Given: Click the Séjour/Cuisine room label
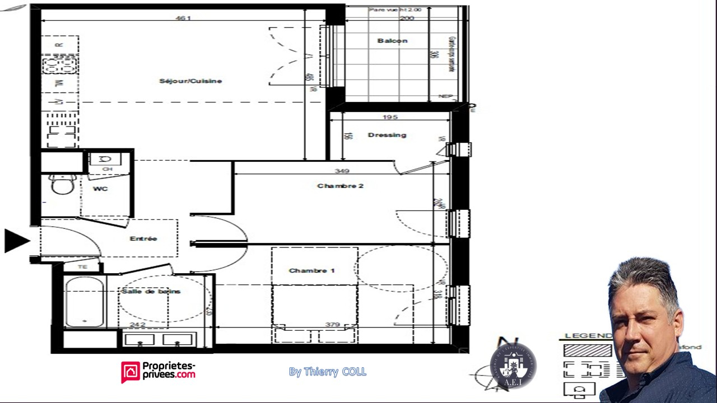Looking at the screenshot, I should click(190, 81).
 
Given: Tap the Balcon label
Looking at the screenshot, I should click(392, 41).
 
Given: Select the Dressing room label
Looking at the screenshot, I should click(387, 135).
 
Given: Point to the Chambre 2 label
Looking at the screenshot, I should click(340, 186).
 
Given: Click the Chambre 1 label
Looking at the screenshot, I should click(311, 270).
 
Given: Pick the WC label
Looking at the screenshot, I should click(100, 189).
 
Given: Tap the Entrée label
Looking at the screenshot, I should click(143, 238).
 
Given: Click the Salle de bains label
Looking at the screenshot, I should click(151, 292).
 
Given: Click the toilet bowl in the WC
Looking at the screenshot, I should click(62, 184).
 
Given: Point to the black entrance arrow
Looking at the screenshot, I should click(16, 240).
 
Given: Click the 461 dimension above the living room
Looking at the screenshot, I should click(183, 18).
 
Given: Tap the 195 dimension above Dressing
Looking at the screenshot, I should click(390, 118).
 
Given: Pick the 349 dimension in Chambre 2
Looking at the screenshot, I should click(342, 171).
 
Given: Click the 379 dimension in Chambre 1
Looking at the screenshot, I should click(333, 325).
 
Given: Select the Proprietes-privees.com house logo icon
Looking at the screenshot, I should click(131, 372).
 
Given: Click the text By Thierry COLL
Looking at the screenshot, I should click(328, 372).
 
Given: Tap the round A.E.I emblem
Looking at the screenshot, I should click(513, 367).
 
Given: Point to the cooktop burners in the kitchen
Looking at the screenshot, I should click(59, 65).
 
